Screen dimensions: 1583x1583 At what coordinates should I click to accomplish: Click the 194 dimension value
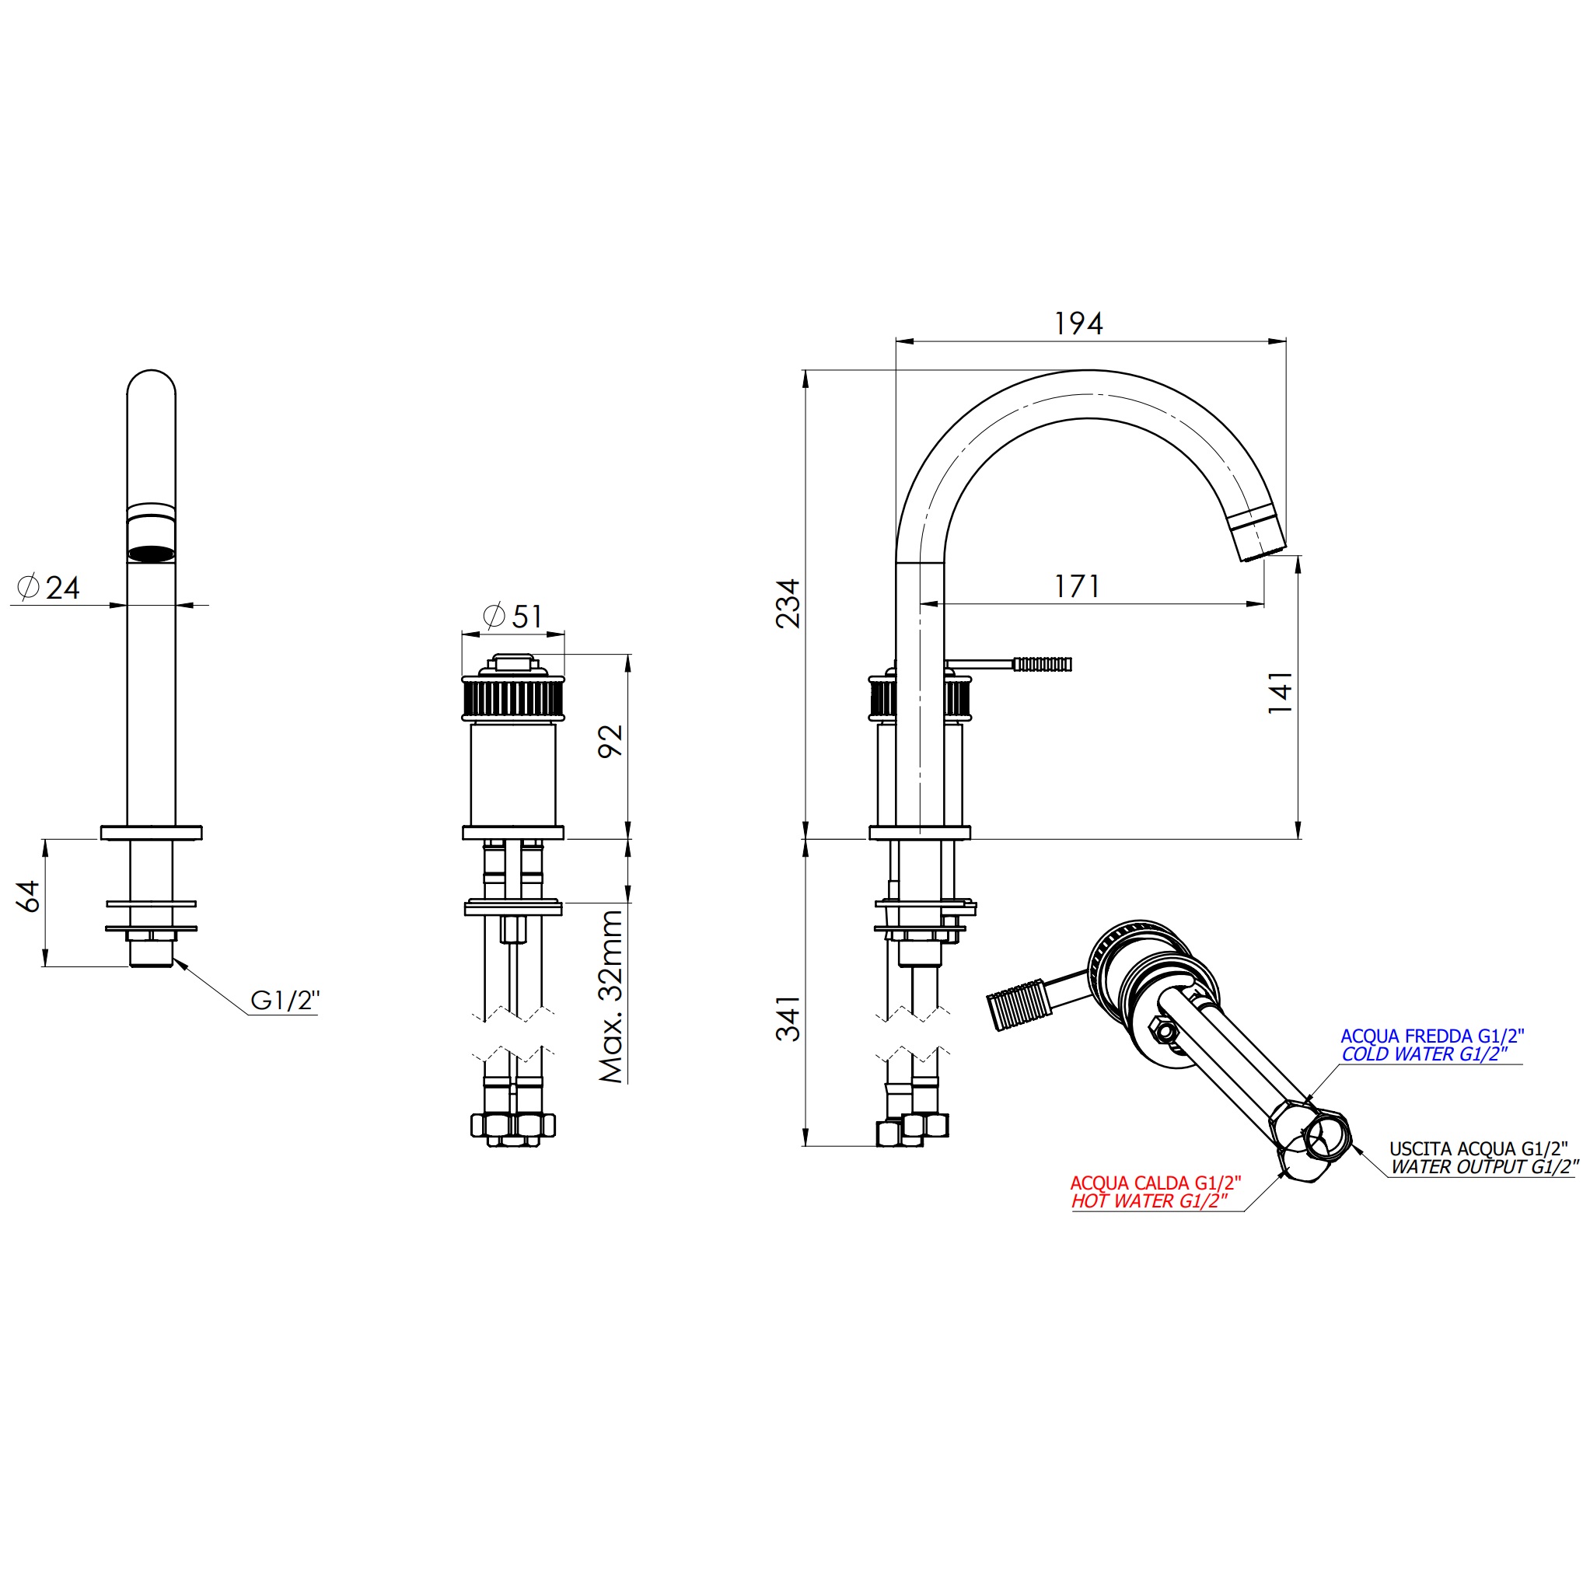click(x=1078, y=323)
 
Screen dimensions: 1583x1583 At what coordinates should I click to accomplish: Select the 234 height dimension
click(x=788, y=603)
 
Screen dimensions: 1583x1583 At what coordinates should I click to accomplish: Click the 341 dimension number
click(x=788, y=1019)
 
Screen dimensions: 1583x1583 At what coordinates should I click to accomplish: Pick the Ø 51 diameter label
click(x=513, y=616)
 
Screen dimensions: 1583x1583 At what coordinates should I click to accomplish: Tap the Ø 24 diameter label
click(x=48, y=587)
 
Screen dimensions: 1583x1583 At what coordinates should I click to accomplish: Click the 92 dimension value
click(x=610, y=741)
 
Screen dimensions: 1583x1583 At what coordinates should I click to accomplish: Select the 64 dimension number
click(x=29, y=896)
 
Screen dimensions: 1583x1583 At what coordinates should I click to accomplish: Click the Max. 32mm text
click(x=611, y=996)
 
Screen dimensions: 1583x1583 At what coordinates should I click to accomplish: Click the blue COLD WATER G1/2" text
click(x=1424, y=1054)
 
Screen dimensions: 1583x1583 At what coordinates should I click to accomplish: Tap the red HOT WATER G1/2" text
click(x=1150, y=1201)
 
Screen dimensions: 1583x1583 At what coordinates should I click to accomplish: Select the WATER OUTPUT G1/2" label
click(x=1483, y=1167)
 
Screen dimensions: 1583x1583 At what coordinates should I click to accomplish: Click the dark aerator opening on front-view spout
click(x=152, y=554)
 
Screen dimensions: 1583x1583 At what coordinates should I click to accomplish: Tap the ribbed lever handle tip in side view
click(x=1042, y=664)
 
